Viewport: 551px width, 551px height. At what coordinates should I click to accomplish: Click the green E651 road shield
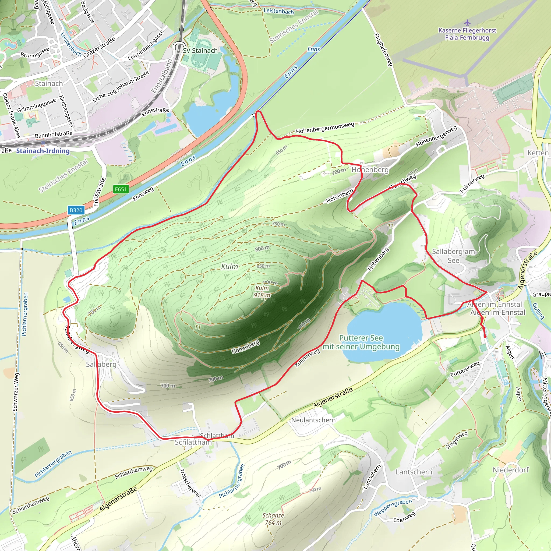pyautogui.click(x=121, y=189)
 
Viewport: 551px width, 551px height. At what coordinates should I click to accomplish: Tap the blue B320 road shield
pyautogui.click(x=76, y=210)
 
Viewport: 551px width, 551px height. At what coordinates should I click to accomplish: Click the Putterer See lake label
pyautogui.click(x=361, y=342)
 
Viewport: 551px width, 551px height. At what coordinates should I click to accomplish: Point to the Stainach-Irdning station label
pyautogui.click(x=43, y=151)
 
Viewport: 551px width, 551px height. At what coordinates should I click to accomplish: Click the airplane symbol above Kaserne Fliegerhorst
pyautogui.click(x=467, y=22)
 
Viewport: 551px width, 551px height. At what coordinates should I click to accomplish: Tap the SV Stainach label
pyautogui.click(x=200, y=51)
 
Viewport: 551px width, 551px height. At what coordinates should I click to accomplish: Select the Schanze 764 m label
pyautogui.click(x=273, y=519)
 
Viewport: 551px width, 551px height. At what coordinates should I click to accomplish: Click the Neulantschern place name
pyautogui.click(x=313, y=420)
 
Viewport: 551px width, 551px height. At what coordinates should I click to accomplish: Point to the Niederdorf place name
pyautogui.click(x=510, y=469)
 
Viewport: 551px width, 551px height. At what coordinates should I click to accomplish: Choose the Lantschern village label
pyautogui.click(x=414, y=472)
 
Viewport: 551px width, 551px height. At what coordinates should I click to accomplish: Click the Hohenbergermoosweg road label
pyautogui.click(x=325, y=128)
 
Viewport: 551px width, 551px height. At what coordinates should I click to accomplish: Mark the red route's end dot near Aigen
pyautogui.click(x=485, y=337)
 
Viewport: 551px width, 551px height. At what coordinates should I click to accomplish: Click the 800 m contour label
pyautogui.click(x=262, y=248)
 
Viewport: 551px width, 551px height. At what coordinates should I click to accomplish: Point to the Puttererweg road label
pyautogui.click(x=465, y=369)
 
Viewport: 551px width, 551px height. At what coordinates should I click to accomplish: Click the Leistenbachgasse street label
pyautogui.click(x=146, y=45)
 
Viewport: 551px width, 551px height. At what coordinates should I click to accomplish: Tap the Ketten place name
pyautogui.click(x=538, y=153)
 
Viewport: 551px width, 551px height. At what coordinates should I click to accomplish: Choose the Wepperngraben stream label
pyautogui.click(x=393, y=507)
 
